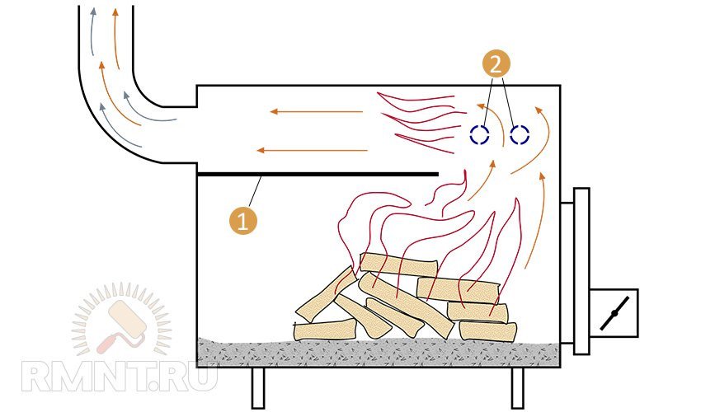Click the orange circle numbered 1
[x=242, y=220]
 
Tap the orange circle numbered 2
[x=496, y=65]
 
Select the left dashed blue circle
[x=480, y=134]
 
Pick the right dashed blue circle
[x=520, y=134]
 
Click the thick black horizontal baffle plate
[x=318, y=174]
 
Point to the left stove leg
[x=258, y=388]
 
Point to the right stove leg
[x=517, y=388]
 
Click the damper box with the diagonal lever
[x=614, y=313]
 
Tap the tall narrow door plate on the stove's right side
[x=581, y=271]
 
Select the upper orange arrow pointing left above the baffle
[x=316, y=111]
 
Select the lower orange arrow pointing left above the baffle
[x=312, y=151]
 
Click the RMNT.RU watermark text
[x=120, y=377]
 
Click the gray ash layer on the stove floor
[x=379, y=352]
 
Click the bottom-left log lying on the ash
[x=325, y=330]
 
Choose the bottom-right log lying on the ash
[x=487, y=331]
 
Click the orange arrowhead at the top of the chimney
[x=115, y=12]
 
